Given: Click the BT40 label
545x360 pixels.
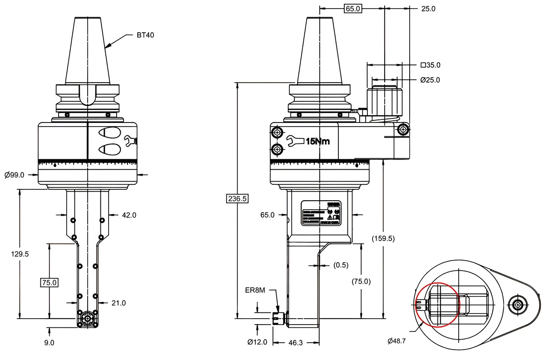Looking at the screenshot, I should [145, 35].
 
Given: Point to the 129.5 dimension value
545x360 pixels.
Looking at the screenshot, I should [20, 254].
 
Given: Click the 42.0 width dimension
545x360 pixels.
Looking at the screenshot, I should [129, 215].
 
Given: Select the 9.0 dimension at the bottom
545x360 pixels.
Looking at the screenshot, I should [49, 343].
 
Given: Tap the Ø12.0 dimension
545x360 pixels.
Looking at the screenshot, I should [257, 342].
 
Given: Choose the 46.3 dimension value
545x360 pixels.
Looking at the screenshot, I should [295, 343].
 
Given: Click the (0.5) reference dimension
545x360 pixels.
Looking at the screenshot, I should [341, 265].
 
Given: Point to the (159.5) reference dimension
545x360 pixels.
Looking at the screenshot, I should [382, 238].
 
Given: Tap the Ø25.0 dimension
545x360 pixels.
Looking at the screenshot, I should [430, 80].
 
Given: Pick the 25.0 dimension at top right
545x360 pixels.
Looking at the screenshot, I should [428, 9].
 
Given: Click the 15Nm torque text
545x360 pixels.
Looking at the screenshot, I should [318, 142].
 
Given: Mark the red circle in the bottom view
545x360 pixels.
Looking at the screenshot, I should [437, 305].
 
